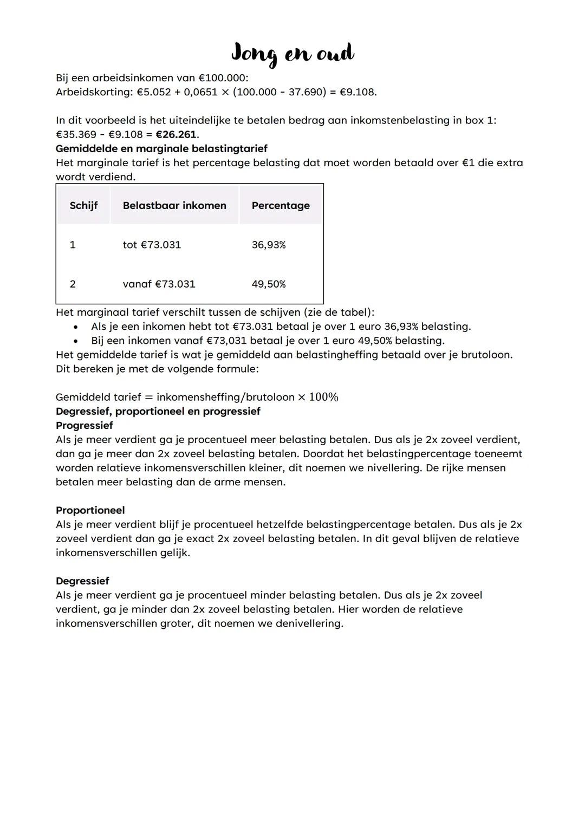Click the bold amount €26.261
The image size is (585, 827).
(177, 134)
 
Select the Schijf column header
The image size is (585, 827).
(83, 206)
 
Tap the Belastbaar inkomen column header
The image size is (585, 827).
(174, 206)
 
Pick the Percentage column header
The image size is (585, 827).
(281, 206)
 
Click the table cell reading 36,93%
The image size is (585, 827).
(269, 245)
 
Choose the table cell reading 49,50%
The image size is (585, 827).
(269, 284)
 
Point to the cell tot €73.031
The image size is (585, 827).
(152, 245)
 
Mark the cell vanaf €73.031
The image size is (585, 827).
(159, 284)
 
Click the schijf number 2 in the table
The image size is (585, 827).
(73, 284)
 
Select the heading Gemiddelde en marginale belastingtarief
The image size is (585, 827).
(161, 148)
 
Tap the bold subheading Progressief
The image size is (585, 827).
(84, 426)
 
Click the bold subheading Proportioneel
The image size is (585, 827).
(90, 510)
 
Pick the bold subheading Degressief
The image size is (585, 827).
(82, 581)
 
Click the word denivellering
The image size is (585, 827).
(309, 623)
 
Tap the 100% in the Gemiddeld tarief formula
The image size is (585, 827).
(323, 398)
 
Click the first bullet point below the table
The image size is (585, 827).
(76, 327)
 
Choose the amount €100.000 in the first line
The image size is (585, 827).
(223, 78)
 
